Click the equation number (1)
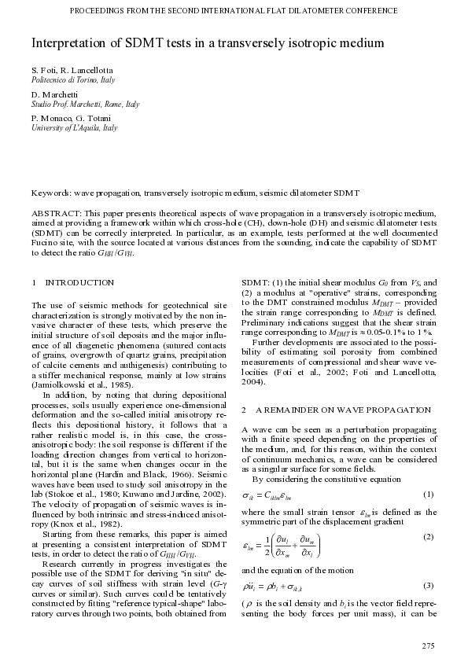pyautogui.click(x=429, y=494)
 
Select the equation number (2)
pyautogui.click(x=429, y=536)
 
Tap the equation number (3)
pyautogui.click(x=429, y=586)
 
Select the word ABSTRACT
pyautogui.click(x=55, y=213)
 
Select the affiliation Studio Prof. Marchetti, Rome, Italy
pyautogui.click(x=85, y=104)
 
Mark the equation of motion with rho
pyautogui.click(x=271, y=586)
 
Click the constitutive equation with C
pyautogui.click(x=267, y=494)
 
